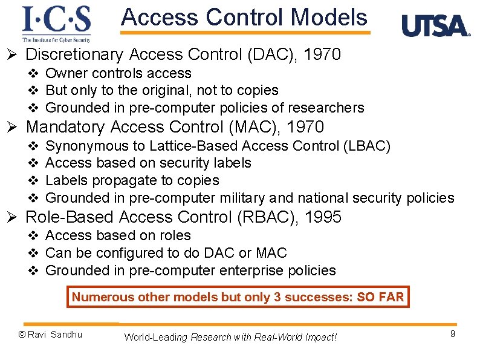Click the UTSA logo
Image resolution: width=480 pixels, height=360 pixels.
435,26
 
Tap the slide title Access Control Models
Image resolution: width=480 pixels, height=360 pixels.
244,18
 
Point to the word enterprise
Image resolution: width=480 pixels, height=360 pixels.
245,270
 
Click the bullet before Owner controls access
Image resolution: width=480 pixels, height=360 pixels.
34,74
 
